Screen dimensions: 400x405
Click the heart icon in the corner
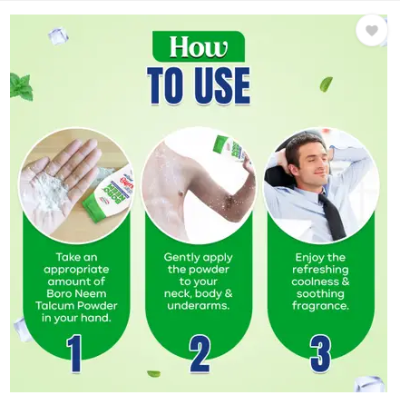click(x=372, y=30)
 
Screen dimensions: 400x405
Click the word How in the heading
click(x=199, y=47)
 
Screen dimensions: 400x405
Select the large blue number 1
click(x=74, y=353)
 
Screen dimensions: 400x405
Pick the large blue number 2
click(x=200, y=353)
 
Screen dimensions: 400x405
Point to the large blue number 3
click(x=320, y=353)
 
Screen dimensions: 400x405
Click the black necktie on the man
click(x=333, y=216)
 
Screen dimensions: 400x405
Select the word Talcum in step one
click(x=54, y=306)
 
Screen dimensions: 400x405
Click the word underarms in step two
click(x=199, y=306)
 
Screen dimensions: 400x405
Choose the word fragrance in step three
click(x=320, y=306)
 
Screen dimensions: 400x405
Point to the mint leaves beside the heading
click(x=21, y=87)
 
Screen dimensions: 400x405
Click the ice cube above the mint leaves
click(x=58, y=35)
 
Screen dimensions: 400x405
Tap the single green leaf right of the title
click(x=326, y=84)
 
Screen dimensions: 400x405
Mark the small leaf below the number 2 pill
click(x=154, y=373)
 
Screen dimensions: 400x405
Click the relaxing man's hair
click(x=304, y=147)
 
